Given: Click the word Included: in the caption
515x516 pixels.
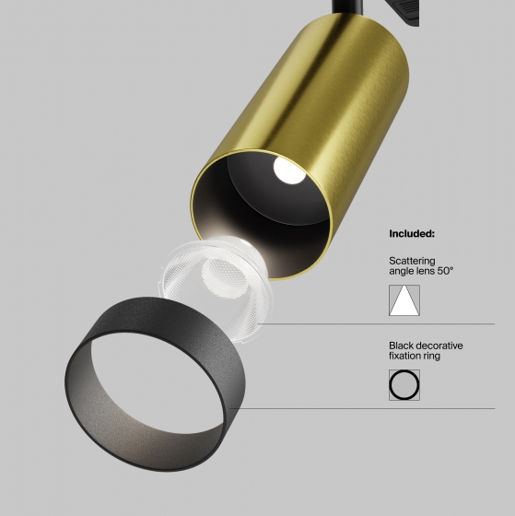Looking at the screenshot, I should (412, 234).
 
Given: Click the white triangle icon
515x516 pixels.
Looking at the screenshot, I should (404, 300).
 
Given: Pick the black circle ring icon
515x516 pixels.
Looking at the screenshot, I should (404, 385).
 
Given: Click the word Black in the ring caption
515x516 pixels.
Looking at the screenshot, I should (402, 346).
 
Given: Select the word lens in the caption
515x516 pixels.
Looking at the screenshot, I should (426, 272).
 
